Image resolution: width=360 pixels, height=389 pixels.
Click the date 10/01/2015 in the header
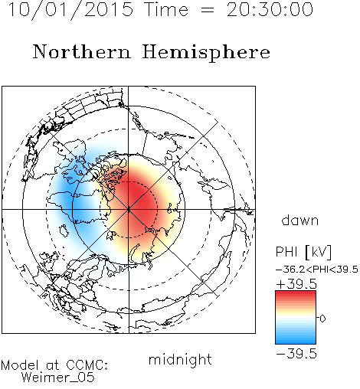tap(70, 10)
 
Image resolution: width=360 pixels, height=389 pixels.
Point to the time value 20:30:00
tap(270, 9)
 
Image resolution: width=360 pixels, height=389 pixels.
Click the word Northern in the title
tap(82, 51)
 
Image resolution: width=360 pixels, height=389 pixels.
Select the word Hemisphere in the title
tap(206, 53)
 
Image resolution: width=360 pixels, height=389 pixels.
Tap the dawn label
tap(300, 221)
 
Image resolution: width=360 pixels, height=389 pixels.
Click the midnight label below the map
tap(180, 360)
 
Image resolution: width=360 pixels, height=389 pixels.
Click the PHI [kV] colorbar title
tap(303, 252)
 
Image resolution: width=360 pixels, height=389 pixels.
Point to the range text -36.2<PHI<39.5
tap(317, 270)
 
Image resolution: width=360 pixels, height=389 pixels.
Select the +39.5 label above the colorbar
tap(296, 284)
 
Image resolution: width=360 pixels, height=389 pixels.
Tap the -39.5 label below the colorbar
tap(296, 354)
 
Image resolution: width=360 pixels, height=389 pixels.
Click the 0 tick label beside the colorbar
tap(322, 319)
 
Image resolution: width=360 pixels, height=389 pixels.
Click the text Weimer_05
tap(58, 378)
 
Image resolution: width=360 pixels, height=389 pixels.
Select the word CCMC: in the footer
tap(87, 365)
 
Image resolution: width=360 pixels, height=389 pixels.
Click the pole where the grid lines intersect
tap(129, 210)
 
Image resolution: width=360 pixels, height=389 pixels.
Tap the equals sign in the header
tap(208, 10)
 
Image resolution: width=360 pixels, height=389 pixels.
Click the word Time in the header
tap(166, 9)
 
